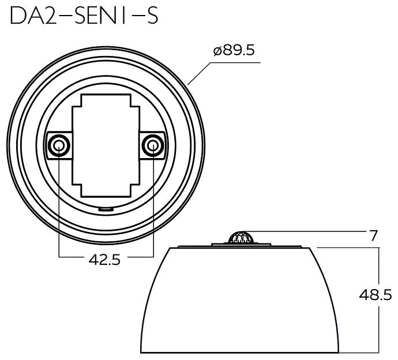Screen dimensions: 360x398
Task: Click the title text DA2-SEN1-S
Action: tap(84, 16)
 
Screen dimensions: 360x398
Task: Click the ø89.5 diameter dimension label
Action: tap(234, 50)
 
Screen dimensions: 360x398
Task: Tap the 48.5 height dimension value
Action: tap(375, 294)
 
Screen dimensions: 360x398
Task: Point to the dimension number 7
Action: tap(373, 236)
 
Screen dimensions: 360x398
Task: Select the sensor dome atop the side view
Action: tap(241, 238)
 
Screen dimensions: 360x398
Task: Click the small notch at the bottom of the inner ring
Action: tap(104, 209)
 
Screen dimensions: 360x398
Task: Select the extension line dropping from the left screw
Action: tap(59, 208)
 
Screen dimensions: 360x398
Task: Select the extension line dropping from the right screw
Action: tap(153, 208)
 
